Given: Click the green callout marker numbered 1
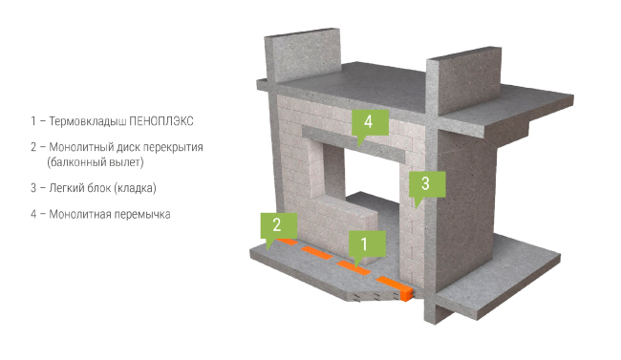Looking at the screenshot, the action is point(367,244).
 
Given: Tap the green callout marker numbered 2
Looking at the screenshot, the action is point(278,225).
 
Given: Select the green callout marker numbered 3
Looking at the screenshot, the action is point(427,184).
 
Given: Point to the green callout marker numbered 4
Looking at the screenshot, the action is point(370,122).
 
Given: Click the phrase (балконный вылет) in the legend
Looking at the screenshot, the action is point(95,162).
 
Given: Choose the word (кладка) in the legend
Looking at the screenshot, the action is point(135,188).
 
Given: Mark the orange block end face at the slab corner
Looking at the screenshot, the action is point(407,294).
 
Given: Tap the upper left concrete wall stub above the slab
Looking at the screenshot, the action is point(303,54).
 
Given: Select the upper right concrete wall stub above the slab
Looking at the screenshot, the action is point(464,81).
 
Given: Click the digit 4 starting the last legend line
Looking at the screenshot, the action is point(33,215).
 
